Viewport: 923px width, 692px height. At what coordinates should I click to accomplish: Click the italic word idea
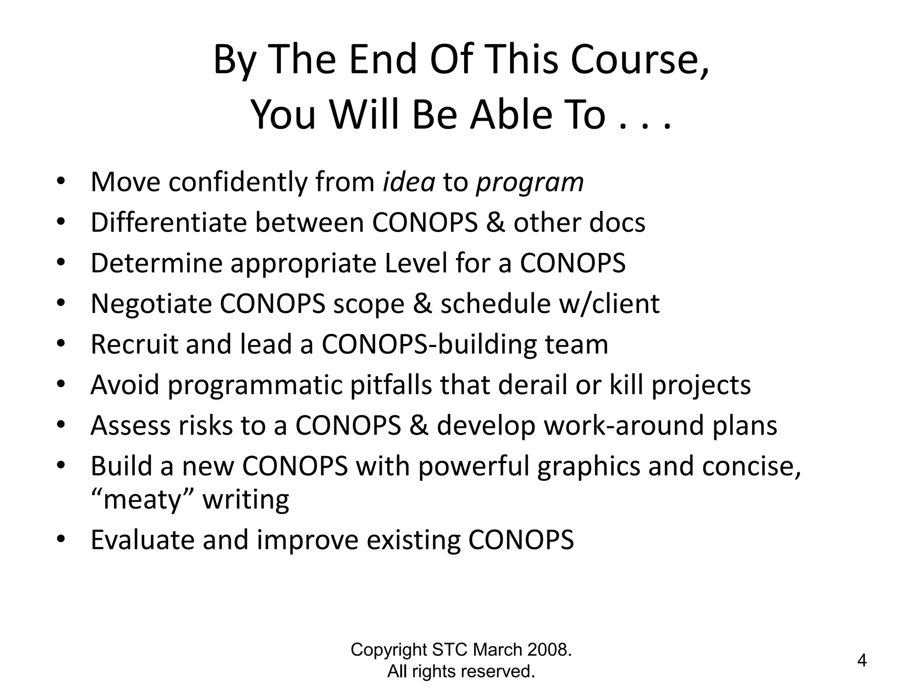409,182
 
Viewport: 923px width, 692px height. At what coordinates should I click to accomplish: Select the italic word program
530,183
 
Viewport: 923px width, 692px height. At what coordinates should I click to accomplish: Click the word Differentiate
169,223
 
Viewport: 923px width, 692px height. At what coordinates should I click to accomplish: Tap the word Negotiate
151,304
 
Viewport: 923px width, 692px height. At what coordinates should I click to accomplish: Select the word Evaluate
142,540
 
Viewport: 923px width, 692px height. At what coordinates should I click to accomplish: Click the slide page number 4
862,661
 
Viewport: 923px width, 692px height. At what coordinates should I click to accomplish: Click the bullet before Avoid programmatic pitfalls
61,384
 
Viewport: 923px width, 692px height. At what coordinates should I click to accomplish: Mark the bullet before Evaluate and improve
61,539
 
